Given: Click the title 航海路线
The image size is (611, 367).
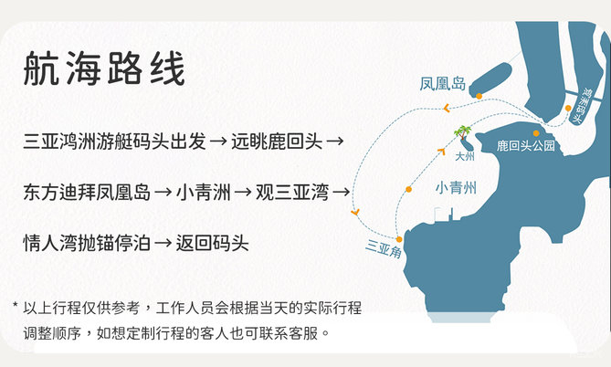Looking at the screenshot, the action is tap(104, 69).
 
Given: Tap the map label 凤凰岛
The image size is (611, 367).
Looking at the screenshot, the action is tap(443, 84).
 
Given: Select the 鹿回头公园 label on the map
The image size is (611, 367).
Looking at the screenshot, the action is tap(526, 146).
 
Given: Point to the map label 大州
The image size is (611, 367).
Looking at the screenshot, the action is tap(465, 156).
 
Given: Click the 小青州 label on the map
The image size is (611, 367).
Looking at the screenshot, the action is tap(456, 188).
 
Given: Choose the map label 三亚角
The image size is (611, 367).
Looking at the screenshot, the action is tap(384, 249).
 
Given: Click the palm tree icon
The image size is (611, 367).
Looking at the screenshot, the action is tap(462, 132).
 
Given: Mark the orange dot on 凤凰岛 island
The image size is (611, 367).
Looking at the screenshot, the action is tap(479, 96).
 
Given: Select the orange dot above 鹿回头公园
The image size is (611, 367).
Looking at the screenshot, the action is tap(536, 133).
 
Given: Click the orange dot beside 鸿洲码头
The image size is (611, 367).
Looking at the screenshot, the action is tap(568, 108).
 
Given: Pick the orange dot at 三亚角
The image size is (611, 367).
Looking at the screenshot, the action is tap(399, 239).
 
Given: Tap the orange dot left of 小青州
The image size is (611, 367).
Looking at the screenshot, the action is tap(408, 189).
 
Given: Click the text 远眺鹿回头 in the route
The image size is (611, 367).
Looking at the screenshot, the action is tap(277, 142).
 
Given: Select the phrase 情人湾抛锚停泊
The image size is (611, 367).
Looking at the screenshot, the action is tap(87, 243).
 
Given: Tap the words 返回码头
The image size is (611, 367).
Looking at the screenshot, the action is tap(213, 243).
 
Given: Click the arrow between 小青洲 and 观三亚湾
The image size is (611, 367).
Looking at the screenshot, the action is tap(243, 193).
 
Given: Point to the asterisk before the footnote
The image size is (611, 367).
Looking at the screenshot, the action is tap(16, 305).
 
